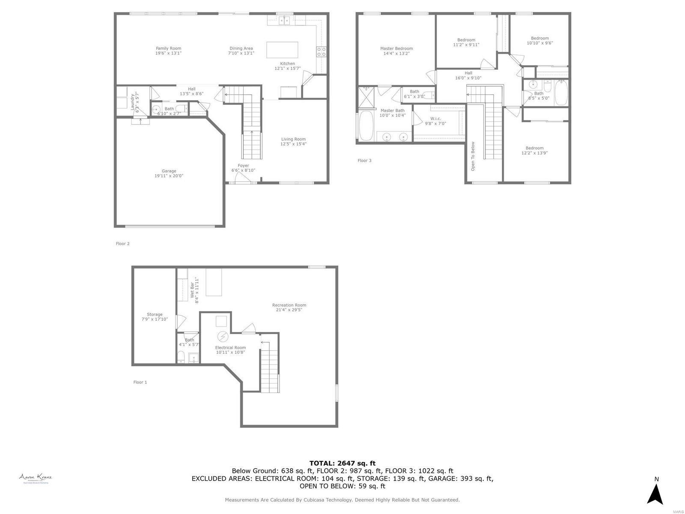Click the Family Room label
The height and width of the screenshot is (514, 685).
click(x=168, y=48)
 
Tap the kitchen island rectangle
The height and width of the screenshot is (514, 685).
click(x=282, y=50)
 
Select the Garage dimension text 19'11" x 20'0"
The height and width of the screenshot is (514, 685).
click(x=169, y=176)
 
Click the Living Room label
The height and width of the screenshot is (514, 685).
click(x=293, y=139)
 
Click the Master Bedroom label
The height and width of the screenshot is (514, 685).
click(x=396, y=48)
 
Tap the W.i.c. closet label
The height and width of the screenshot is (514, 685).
click(x=435, y=119)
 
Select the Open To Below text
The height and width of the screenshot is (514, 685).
click(x=473, y=156)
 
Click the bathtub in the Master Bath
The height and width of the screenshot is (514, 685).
click(x=366, y=126)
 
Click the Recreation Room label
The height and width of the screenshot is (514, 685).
click(x=289, y=305)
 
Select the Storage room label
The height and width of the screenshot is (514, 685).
click(x=155, y=314)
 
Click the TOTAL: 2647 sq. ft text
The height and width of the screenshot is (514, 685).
click(x=342, y=463)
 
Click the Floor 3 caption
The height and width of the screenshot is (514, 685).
click(x=364, y=161)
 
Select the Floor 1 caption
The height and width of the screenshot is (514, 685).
click(x=140, y=382)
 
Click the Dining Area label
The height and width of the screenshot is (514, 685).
click(x=241, y=48)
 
